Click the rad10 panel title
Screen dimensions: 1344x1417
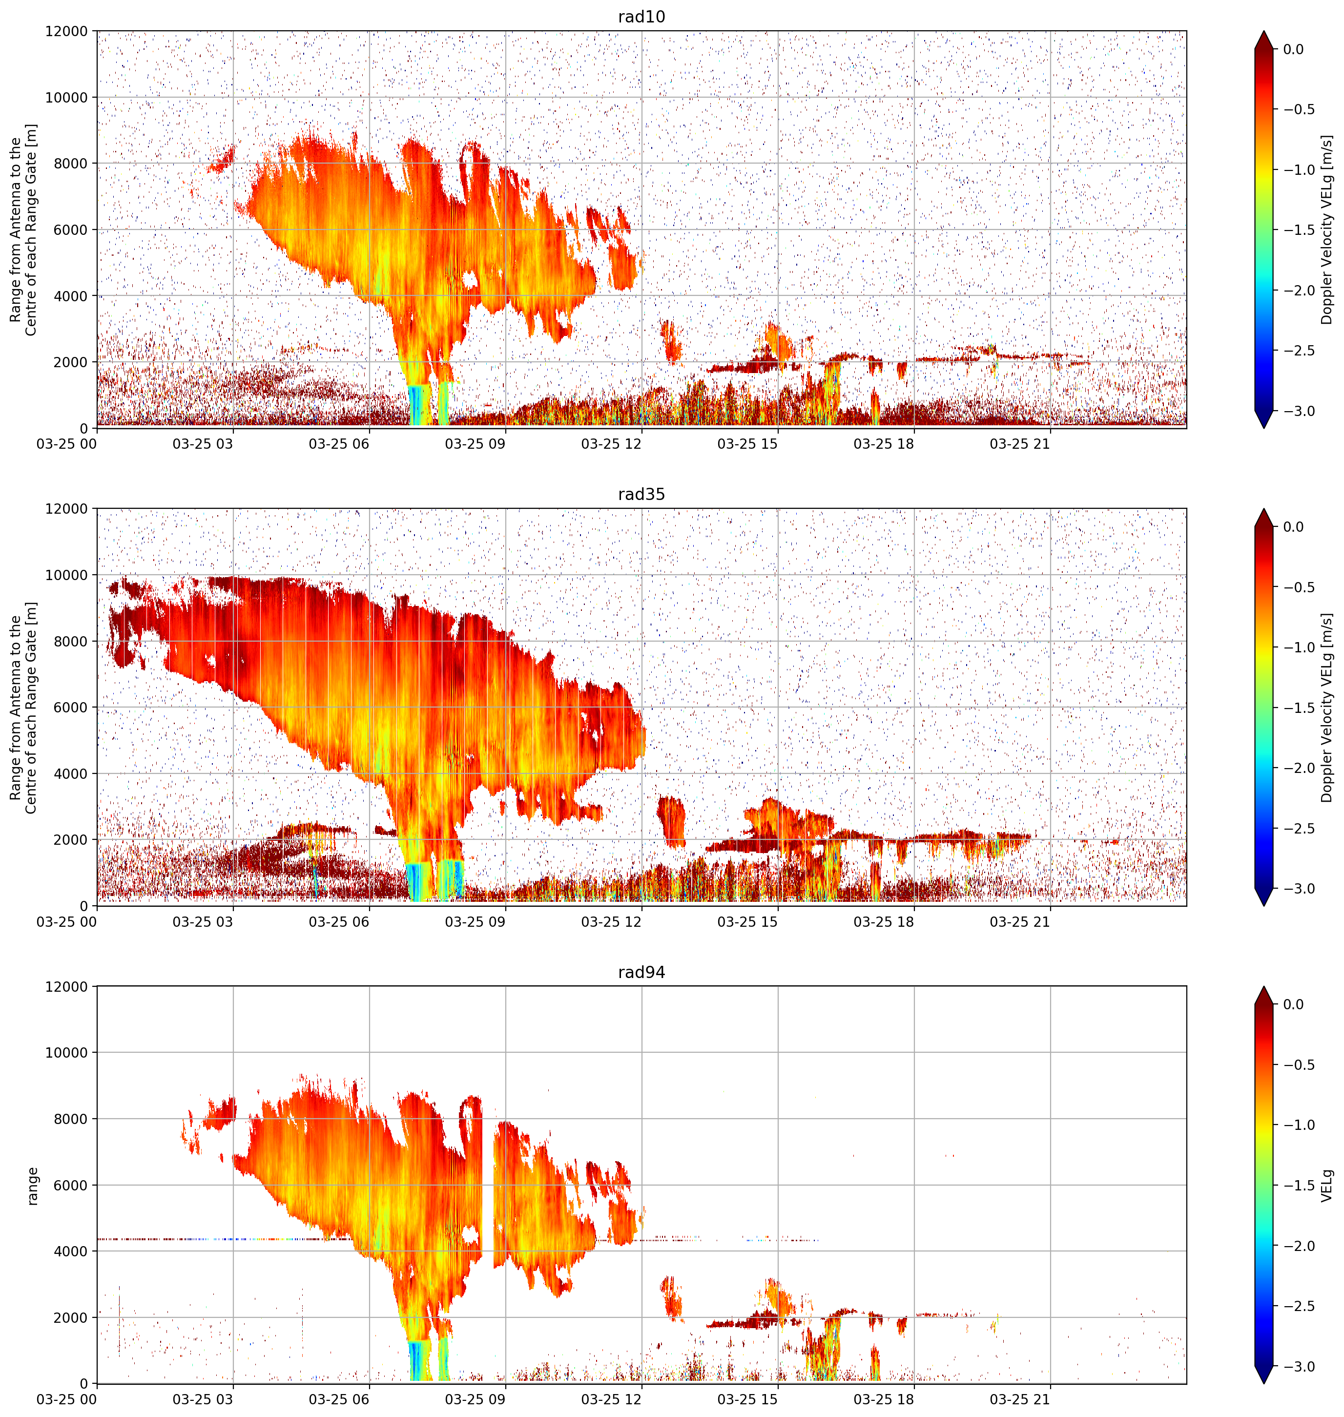coord(641,17)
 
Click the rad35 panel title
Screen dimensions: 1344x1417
coord(641,494)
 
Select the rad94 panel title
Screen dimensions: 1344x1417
coord(641,972)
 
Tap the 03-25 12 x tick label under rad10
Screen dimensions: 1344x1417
coord(611,444)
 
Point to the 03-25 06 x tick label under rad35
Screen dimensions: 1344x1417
coord(339,922)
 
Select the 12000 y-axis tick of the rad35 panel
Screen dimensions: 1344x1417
coord(66,509)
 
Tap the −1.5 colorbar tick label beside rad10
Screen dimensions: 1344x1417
coord(1298,230)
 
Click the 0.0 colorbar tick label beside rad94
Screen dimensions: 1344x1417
coord(1294,1004)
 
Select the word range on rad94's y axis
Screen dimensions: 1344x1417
coord(32,1185)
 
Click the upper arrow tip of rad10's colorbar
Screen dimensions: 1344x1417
coord(1264,31)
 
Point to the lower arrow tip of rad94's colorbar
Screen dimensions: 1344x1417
coord(1264,1384)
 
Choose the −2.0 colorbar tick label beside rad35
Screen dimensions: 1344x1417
coord(1298,768)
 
